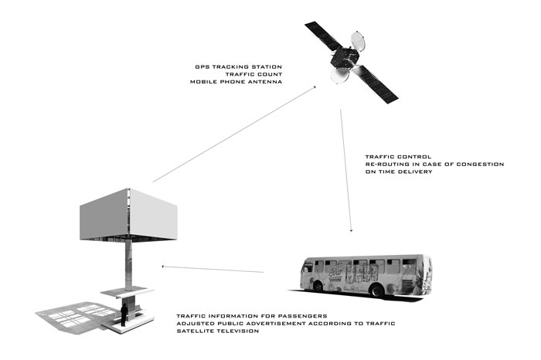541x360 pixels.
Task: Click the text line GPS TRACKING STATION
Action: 238,67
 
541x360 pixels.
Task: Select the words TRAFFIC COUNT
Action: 253,74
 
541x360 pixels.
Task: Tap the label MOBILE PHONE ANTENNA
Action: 236,82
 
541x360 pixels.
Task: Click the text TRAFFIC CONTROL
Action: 398,157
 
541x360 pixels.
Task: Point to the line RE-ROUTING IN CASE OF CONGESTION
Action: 434,165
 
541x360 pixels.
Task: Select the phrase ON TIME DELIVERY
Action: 399,172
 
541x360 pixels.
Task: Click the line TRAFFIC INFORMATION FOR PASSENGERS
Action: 252,316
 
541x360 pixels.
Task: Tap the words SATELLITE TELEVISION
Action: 218,331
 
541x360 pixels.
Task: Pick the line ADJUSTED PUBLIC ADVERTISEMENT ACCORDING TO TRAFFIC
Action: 286,324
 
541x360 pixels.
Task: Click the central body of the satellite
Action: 345,58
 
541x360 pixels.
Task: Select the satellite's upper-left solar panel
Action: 323,36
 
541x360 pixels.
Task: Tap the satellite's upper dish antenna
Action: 358,41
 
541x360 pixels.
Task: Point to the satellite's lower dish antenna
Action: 340,76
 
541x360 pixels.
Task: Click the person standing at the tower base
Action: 124,314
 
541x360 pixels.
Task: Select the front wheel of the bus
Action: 318,286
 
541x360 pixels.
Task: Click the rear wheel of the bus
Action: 377,290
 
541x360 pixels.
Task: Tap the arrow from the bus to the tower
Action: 213,269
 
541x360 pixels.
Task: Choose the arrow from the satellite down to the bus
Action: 346,171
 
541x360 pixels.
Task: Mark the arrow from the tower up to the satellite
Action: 234,134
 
